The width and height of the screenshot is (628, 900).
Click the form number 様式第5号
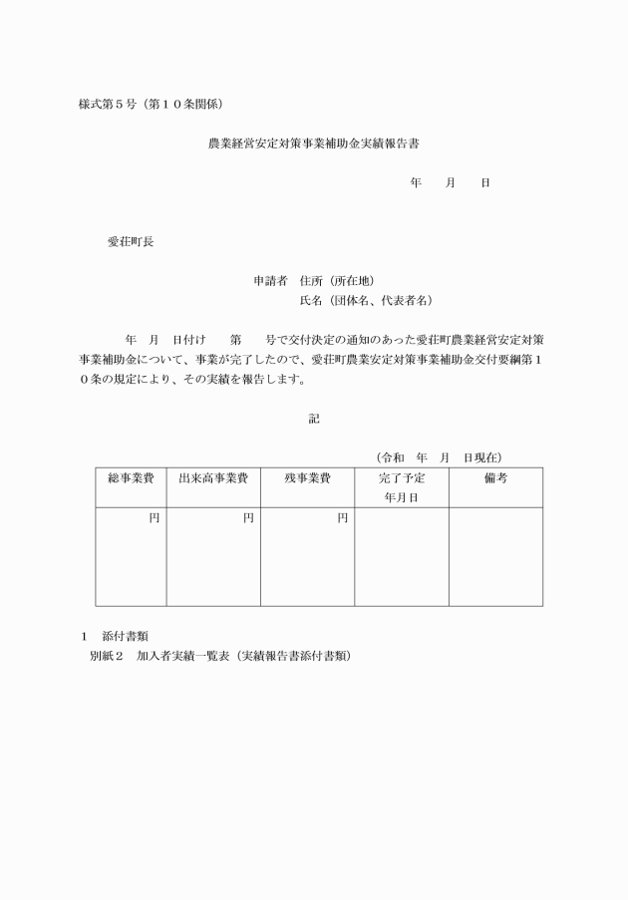pos(107,105)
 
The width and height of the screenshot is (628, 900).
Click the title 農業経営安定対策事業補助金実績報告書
pos(313,144)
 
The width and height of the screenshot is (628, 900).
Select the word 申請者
pos(270,280)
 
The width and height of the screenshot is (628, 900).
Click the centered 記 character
pos(314,419)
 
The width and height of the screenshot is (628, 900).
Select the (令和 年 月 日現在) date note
pos(439,457)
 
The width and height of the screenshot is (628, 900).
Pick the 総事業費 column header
pos(131,478)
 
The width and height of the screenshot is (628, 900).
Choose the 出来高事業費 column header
pos(212,478)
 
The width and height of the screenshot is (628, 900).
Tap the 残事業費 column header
pos(307,478)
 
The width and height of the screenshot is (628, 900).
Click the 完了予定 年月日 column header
pos(401,487)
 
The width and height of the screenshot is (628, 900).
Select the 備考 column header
pos(495,478)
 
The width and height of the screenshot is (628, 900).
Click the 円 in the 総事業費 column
pos(155,518)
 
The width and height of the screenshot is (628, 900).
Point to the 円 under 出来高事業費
pos(248,518)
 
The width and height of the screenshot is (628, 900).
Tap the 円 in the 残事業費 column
pos(342,518)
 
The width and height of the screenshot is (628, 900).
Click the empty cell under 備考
pos(495,556)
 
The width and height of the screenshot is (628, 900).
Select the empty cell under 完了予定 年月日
pos(401,556)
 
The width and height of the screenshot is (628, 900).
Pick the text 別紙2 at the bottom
pos(105,657)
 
